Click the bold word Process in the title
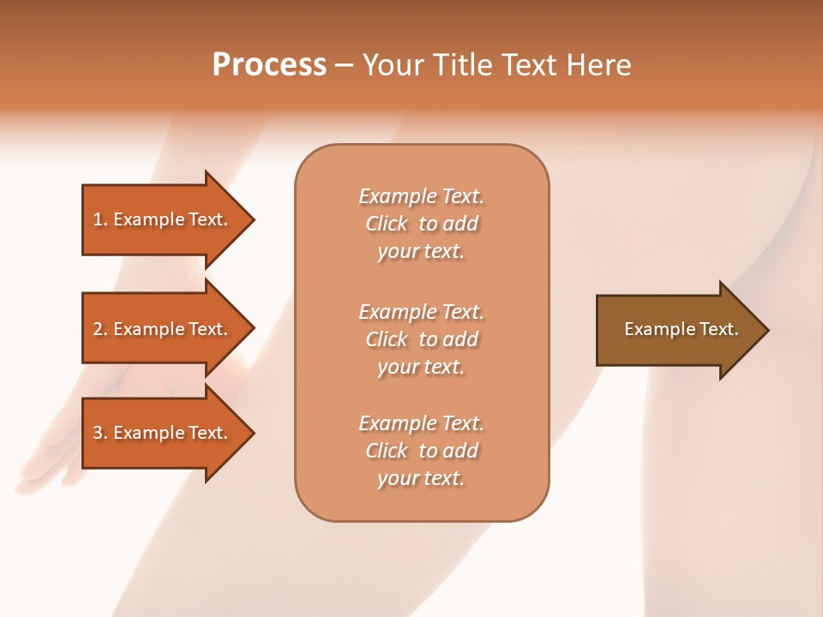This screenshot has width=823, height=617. [x=269, y=65]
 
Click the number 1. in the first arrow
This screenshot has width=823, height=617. [x=100, y=219]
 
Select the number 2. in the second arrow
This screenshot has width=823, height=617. [x=100, y=329]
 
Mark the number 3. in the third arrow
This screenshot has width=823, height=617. [x=100, y=433]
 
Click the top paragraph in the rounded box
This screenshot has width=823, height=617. [x=422, y=224]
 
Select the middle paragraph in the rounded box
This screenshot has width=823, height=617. [x=422, y=339]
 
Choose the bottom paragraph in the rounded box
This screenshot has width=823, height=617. [x=422, y=451]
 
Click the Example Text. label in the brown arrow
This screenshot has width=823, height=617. [x=681, y=329]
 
